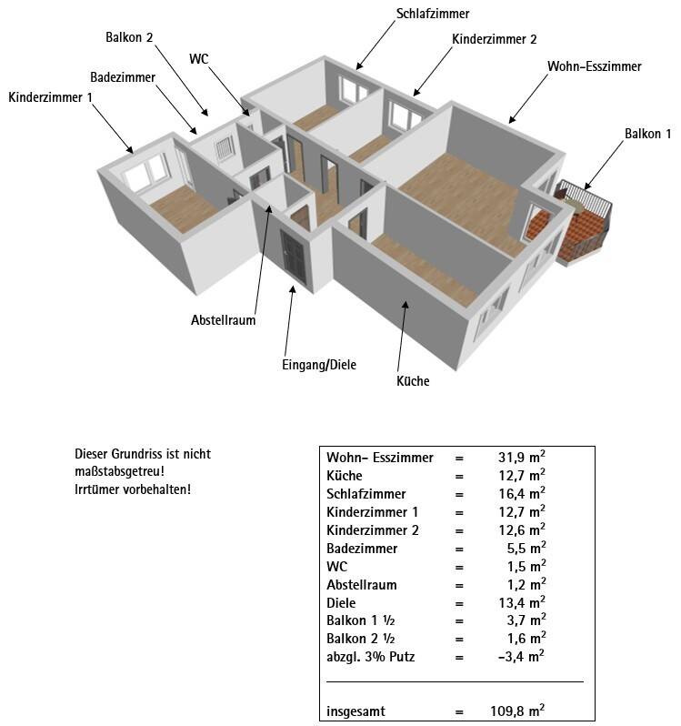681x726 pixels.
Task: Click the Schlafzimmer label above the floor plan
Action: coord(433,14)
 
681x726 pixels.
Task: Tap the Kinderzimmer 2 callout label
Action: coord(495,39)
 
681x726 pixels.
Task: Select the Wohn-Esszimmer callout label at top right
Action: coord(594,66)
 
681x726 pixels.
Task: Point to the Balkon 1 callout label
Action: coord(647,134)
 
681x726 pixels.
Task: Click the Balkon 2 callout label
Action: coord(129,37)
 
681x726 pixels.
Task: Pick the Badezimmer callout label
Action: coord(123,76)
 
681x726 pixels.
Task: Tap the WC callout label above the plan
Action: coord(199,58)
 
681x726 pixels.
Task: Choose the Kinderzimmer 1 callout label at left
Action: coord(51,97)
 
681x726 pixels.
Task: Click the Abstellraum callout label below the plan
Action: coord(223,320)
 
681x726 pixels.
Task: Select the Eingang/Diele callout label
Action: coord(319,365)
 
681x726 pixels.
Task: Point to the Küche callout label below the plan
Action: coord(413,381)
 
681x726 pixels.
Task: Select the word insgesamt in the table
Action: coord(356,711)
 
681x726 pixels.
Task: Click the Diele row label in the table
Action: coord(341,602)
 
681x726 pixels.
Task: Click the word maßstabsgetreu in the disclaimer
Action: coord(120,471)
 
